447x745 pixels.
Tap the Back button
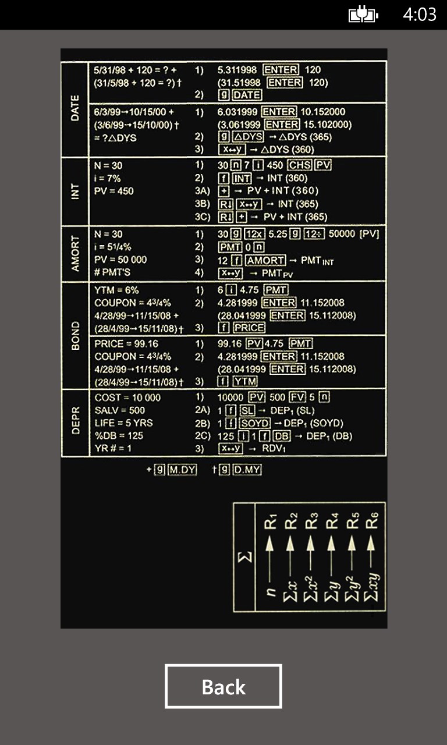(223, 686)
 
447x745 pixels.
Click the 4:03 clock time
(420, 15)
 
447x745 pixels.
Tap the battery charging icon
(363, 15)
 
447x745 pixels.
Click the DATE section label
(75, 108)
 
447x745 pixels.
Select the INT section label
(75, 191)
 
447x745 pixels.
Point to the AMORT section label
(75, 254)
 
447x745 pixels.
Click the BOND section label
(76, 335)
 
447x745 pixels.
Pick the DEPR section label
(76, 420)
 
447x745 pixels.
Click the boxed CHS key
(300, 165)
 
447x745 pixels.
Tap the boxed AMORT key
(265, 260)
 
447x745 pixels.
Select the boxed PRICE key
(249, 328)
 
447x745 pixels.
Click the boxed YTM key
(245, 381)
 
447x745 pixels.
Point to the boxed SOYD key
(255, 423)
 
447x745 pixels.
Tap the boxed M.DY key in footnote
(182, 470)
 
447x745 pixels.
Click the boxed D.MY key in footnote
(247, 470)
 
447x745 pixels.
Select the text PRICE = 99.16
(126, 343)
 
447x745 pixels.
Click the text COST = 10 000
(127, 398)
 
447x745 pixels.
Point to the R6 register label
(371, 520)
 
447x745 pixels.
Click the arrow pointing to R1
(269, 559)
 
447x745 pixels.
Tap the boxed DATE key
(247, 95)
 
